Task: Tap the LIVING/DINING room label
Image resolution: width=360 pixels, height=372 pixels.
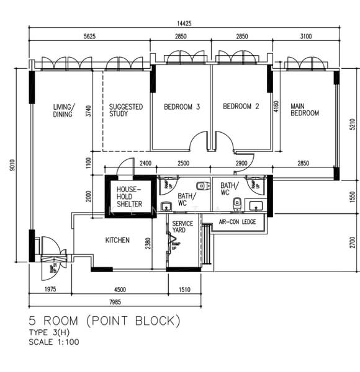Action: pos(63,110)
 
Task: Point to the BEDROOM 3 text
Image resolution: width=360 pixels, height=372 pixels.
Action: pos(181,107)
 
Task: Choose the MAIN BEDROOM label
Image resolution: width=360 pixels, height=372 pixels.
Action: pos(305,110)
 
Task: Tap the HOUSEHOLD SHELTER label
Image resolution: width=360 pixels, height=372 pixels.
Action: pos(130,196)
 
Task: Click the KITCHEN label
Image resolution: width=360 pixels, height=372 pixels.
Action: pos(117,240)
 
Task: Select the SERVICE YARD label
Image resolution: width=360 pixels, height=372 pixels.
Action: pos(182,227)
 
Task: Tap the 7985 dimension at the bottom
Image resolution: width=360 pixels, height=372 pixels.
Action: pos(115,302)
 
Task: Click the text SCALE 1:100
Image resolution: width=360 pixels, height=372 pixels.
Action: pos(53,342)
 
